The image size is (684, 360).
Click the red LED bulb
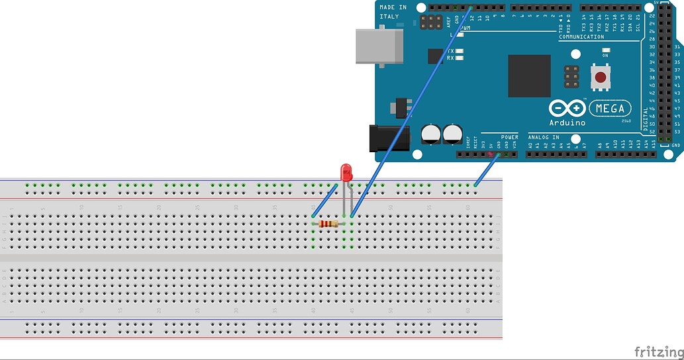click(346, 173)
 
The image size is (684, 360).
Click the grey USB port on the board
click(379, 46)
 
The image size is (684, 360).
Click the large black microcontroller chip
click(529, 76)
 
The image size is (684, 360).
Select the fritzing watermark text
click(658, 351)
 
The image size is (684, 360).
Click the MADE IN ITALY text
click(393, 11)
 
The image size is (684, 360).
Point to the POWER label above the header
click(509, 137)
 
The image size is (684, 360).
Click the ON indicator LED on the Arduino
click(605, 50)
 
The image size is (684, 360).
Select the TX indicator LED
click(460, 51)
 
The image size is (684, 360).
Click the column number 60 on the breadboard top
click(468, 207)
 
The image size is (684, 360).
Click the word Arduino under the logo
click(566, 122)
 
